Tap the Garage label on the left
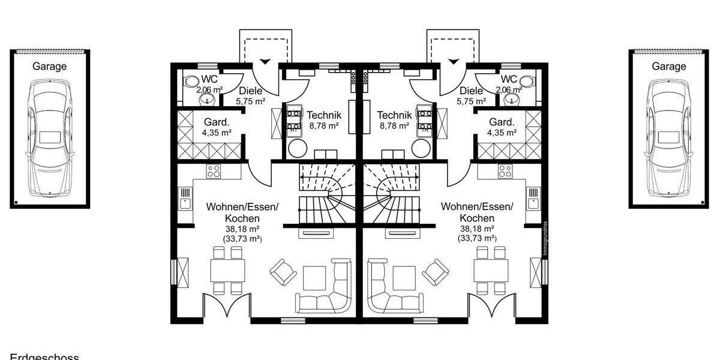49,67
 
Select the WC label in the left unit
209,79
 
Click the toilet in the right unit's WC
527,82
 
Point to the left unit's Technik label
324,115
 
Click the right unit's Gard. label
502,121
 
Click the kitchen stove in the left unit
214,170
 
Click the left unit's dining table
227,271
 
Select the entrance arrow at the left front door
265,61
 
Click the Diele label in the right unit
472,91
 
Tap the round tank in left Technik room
297,148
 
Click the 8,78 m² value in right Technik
394,127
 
